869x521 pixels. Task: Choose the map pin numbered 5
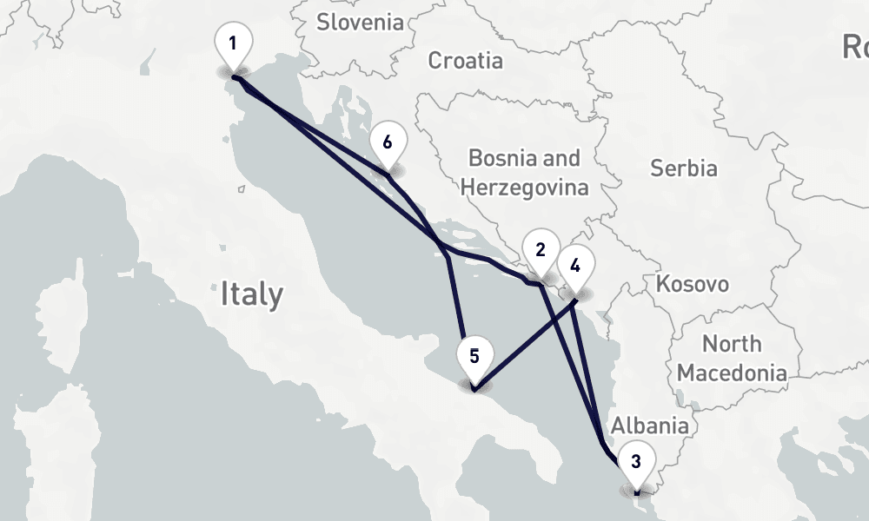point(474,357)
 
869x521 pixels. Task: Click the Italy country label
point(251,293)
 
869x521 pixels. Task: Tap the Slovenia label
point(360,22)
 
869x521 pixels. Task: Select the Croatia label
point(466,61)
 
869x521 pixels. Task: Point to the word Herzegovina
point(524,187)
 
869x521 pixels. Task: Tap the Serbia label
point(684,168)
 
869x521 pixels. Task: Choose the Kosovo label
point(692,284)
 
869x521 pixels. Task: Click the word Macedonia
point(732,373)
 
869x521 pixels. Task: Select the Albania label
point(650,425)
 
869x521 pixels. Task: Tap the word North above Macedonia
point(732,344)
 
